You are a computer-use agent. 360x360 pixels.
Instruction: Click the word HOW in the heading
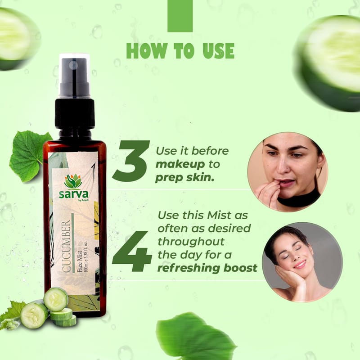tap(147, 51)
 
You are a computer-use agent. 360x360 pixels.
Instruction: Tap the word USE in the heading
tap(219, 51)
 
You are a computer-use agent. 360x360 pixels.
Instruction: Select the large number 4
tap(132, 251)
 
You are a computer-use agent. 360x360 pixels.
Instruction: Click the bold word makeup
tap(180, 164)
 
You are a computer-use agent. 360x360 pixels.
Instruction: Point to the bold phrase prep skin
tap(184, 178)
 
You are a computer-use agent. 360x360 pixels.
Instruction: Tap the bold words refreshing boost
tap(207, 268)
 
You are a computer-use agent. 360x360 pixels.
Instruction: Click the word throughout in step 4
tap(191, 242)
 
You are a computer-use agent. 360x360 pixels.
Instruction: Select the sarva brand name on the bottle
tap(74, 194)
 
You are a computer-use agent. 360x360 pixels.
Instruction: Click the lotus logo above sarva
tap(73, 181)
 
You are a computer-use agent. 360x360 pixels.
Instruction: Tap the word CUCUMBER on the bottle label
tap(66, 246)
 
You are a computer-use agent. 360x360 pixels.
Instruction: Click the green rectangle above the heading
tap(180, 16)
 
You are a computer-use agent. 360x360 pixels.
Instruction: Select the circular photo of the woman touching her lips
tap(288, 172)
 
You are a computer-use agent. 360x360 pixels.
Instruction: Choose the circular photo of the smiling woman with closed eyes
tap(302, 262)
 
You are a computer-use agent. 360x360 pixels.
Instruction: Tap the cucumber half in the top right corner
tap(328, 63)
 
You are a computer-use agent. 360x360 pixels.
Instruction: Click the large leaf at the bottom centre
tap(195, 336)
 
